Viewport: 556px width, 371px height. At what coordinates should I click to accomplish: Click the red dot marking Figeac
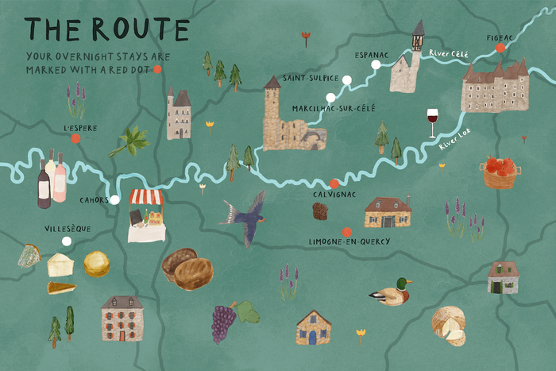[500, 48]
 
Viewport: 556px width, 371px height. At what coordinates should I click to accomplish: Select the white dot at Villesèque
[67, 241]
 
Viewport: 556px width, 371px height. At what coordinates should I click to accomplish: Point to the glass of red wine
[432, 122]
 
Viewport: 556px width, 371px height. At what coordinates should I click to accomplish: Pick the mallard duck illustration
[390, 293]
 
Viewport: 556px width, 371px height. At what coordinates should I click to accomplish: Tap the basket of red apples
[500, 172]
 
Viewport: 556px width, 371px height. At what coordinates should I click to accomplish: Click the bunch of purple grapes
[223, 321]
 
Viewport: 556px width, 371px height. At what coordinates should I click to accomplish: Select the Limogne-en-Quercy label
[349, 242]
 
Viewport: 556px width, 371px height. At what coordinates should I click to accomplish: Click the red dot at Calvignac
[334, 184]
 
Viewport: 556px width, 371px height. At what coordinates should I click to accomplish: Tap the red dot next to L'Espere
[75, 138]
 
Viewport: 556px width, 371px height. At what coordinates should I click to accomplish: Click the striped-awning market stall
[146, 214]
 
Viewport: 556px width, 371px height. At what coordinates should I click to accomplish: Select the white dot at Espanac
[375, 64]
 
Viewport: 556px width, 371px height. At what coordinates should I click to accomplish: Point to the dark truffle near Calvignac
[320, 211]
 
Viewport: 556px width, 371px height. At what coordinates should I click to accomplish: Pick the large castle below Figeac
[495, 86]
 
